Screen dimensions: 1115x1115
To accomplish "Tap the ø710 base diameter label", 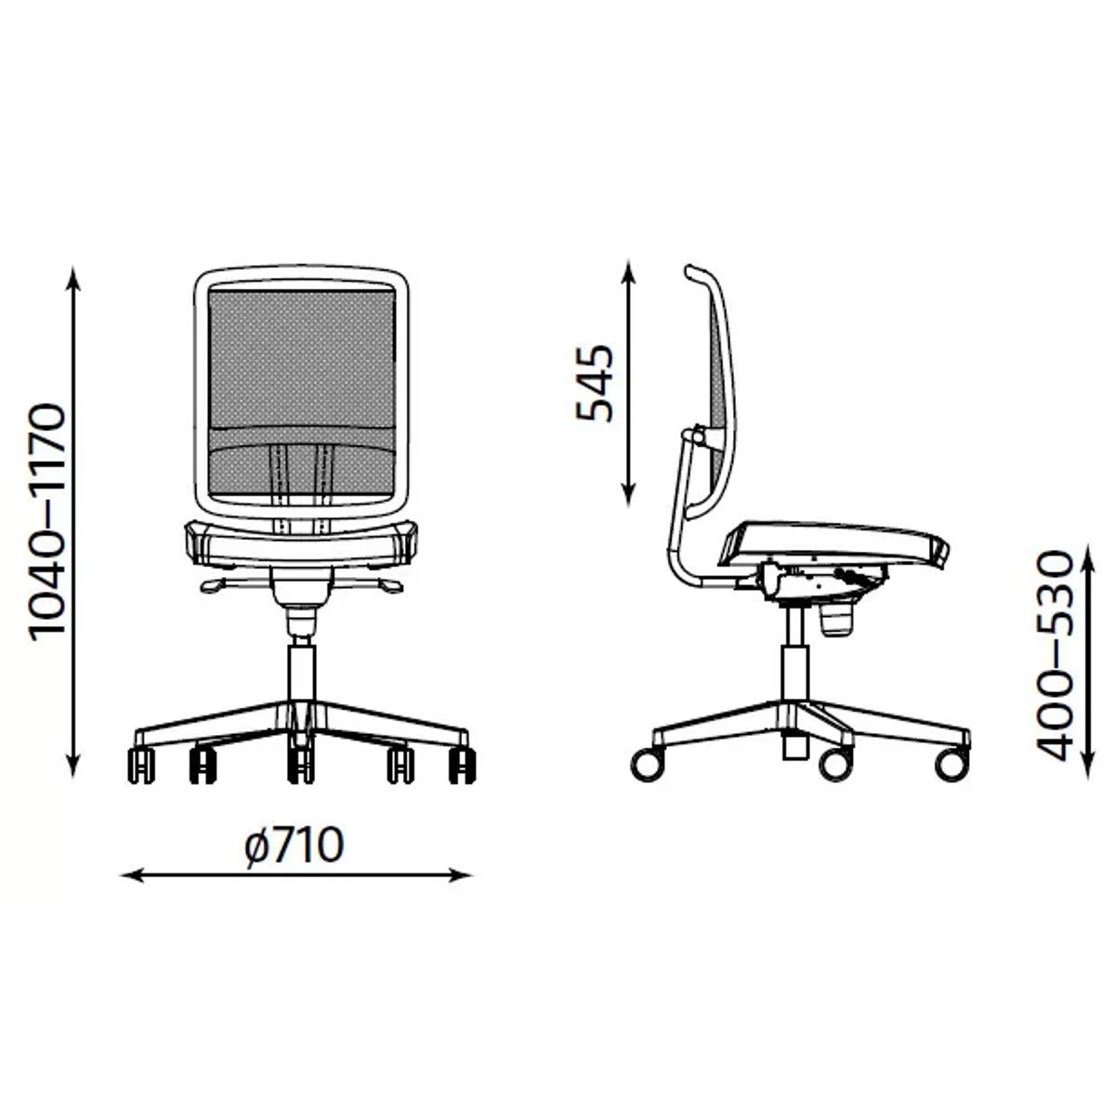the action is (295, 846).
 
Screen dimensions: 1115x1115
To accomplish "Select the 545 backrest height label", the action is (595, 383).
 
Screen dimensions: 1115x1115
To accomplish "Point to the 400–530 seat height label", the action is (1056, 656).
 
